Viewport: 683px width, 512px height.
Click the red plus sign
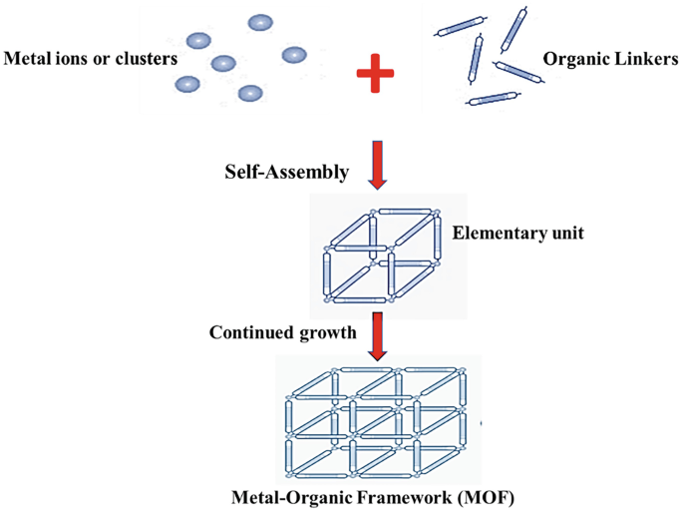coord(375,76)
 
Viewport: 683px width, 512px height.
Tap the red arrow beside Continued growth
coord(377,336)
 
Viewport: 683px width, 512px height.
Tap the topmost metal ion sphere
coord(260,22)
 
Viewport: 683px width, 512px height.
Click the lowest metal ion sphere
coord(249,94)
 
